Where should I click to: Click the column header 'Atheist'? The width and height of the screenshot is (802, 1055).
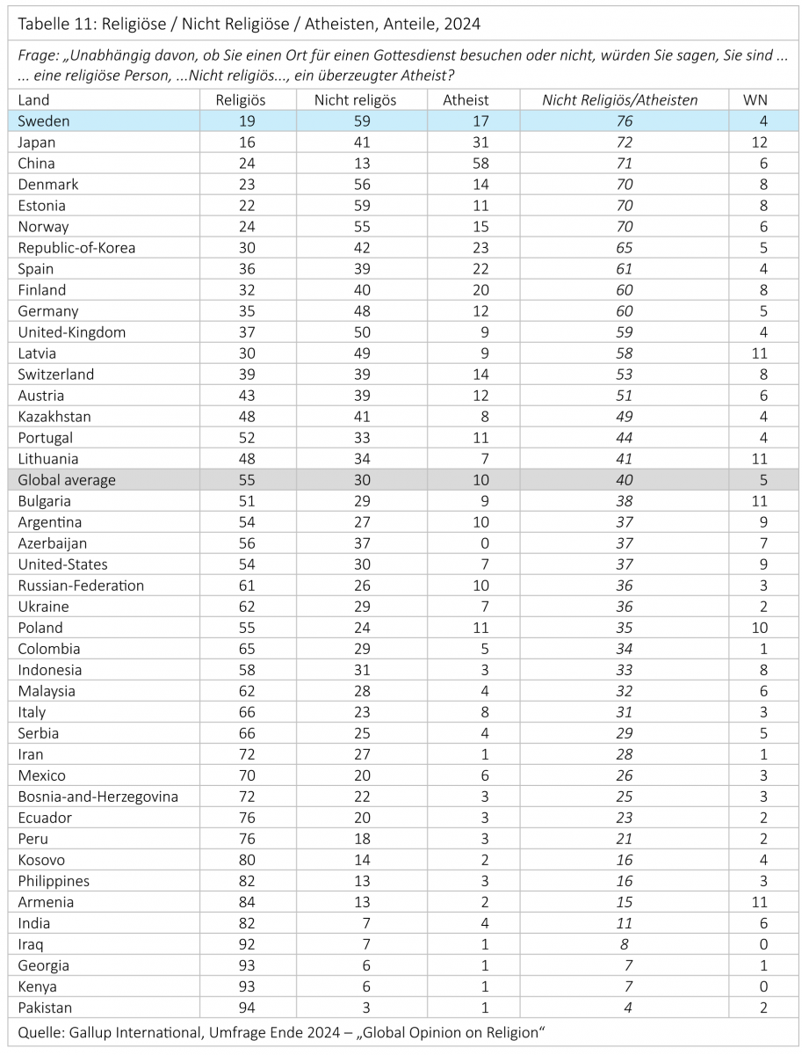466,100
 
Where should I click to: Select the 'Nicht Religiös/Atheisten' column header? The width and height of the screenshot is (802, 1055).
619,100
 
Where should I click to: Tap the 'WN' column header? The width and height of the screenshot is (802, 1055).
755,100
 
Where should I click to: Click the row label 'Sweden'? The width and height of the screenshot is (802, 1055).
44,121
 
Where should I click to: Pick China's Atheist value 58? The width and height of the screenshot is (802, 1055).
466,164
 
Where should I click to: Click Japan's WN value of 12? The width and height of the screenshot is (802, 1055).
760,142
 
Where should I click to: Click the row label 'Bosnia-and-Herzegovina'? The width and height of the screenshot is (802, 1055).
98,797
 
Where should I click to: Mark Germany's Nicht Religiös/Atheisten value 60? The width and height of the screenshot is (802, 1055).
624,311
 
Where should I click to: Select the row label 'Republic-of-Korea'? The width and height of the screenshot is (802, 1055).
76,248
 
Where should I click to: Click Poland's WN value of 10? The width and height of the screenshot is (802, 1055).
760,628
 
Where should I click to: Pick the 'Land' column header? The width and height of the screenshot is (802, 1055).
33,100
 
